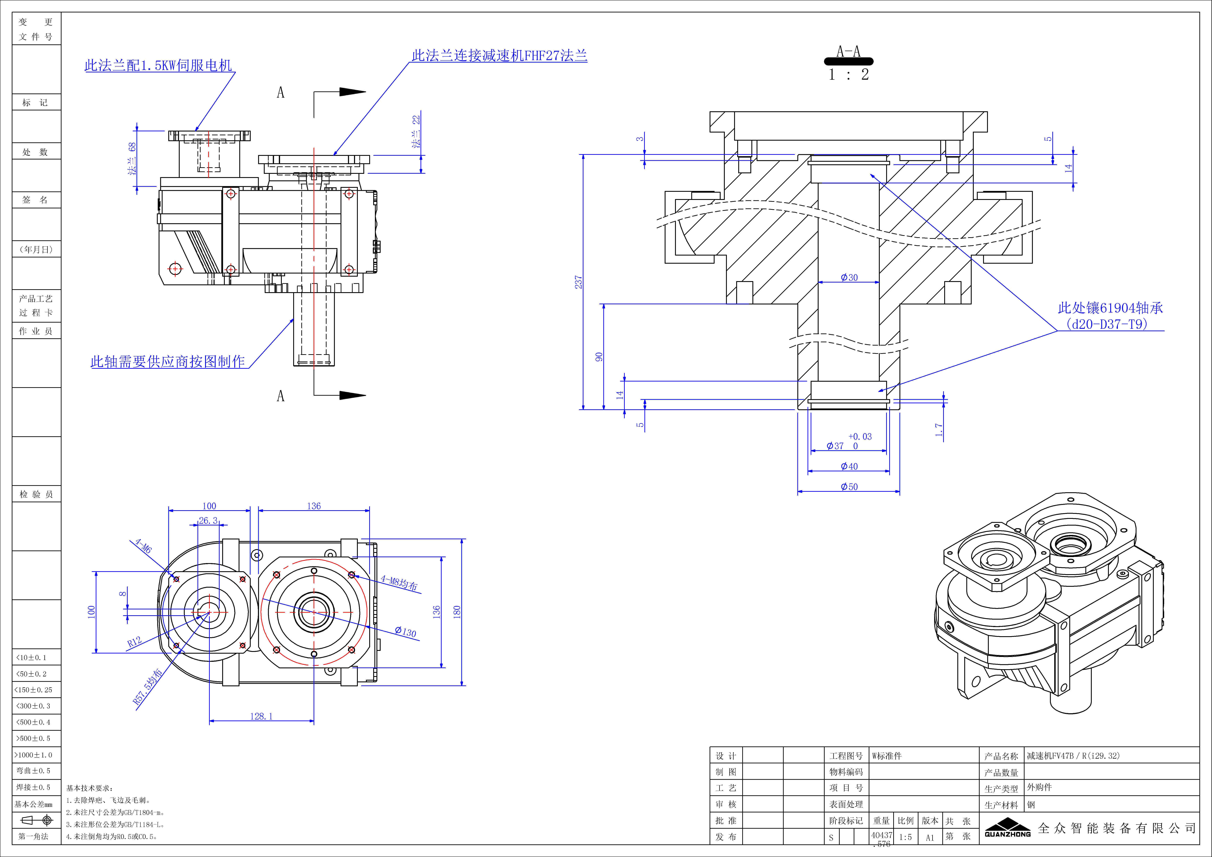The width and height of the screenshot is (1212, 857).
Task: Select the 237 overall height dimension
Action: point(579,282)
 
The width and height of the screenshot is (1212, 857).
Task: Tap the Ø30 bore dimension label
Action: point(849,277)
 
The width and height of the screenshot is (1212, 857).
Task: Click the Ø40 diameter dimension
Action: point(849,466)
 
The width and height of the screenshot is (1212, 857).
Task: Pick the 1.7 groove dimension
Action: point(939,430)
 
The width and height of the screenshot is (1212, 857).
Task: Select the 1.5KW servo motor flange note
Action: point(158,65)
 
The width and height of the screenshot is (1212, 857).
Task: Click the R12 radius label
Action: point(135,642)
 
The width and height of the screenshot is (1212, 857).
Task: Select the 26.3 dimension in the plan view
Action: point(208,521)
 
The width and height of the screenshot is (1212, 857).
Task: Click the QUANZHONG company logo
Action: point(1007,827)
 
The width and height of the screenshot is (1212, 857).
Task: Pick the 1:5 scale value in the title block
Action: point(905,837)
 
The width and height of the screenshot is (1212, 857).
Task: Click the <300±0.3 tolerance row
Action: point(33,706)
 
